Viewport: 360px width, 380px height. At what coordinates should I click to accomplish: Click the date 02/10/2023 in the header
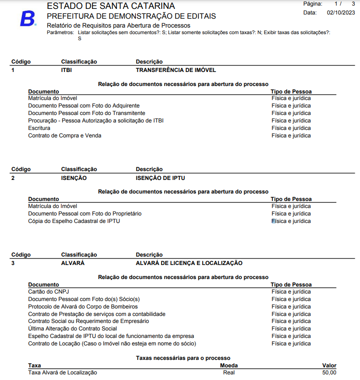[x=341, y=13]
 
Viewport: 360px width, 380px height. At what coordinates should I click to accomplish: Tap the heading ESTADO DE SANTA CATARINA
[x=111, y=6]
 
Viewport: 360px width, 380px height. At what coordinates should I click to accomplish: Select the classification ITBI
[x=66, y=70]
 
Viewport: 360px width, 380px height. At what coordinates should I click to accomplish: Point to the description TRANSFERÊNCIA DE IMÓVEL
[x=176, y=70]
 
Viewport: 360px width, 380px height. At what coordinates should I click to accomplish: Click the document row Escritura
[x=39, y=128]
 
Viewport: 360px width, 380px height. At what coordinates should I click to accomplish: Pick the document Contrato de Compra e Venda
[x=64, y=136]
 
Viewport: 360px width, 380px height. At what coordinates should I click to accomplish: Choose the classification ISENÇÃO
[x=74, y=178]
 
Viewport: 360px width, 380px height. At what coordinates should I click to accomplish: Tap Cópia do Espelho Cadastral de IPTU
[x=74, y=221]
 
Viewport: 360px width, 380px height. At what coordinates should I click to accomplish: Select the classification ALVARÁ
[x=73, y=263]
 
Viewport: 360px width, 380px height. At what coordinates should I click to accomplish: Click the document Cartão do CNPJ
[x=49, y=292]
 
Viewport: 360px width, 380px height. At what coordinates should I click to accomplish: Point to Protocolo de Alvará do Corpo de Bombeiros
[x=83, y=307]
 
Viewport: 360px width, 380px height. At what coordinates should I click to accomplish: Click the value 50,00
[x=329, y=373]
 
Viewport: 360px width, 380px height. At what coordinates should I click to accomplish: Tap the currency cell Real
[x=229, y=373]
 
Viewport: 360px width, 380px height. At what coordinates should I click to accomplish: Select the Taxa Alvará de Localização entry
[x=63, y=373]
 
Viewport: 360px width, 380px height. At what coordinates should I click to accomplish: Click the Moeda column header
[x=229, y=366]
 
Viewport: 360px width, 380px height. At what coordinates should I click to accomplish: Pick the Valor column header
[x=329, y=366]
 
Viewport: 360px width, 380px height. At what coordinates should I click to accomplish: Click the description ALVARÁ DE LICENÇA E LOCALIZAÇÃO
[x=189, y=263]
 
